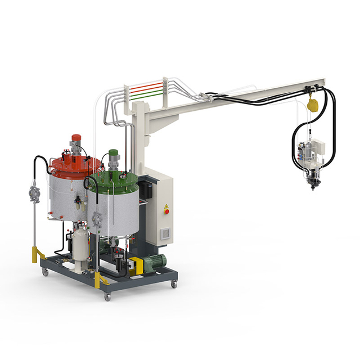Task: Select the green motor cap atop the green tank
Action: [x=114, y=154]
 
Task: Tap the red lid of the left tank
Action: [x=76, y=165]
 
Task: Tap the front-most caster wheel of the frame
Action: [x=107, y=296]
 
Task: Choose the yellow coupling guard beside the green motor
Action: [x=135, y=266]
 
